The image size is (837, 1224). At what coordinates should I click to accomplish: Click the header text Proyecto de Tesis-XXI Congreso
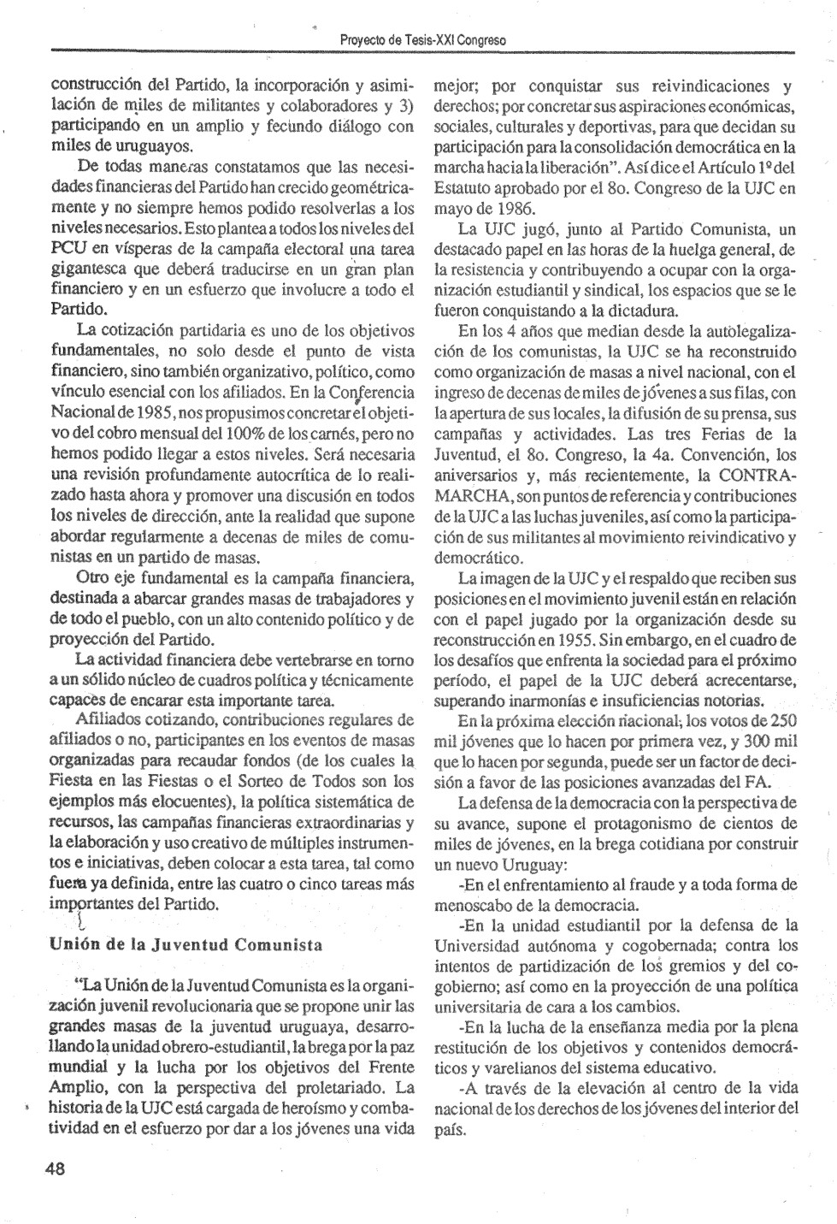tap(422, 40)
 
